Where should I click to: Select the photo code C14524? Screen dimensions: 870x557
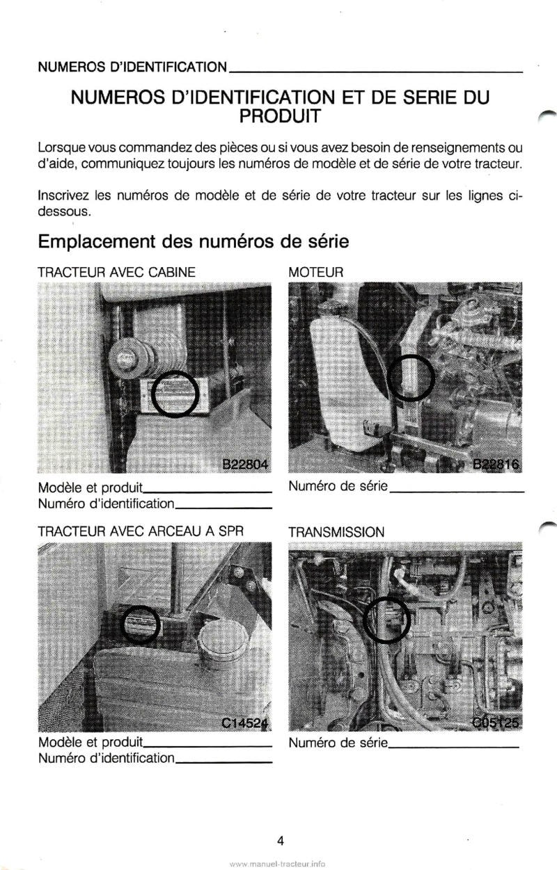tap(245, 723)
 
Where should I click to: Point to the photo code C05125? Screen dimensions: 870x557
tap(496, 723)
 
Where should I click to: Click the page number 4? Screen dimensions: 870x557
tap(280, 841)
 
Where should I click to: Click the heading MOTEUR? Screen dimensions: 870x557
tap(316, 273)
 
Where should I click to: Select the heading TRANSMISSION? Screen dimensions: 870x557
tap(336, 532)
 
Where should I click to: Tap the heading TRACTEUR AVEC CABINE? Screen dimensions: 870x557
tap(117, 273)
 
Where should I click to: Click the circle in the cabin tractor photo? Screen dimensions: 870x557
tap(175, 394)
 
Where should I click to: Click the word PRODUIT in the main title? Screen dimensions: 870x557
tap(280, 115)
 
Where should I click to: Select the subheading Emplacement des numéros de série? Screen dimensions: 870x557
tap(194, 241)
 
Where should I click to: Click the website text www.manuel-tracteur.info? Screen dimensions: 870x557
tap(276, 863)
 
